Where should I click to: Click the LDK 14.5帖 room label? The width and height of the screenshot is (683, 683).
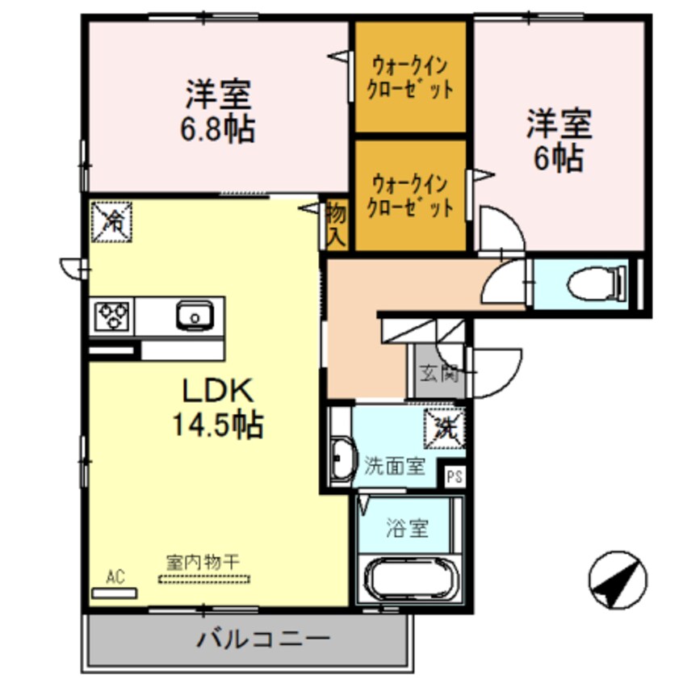(216, 408)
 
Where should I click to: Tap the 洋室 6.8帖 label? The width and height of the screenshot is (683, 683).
(218, 112)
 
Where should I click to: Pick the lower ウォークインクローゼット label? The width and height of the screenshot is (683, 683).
(410, 194)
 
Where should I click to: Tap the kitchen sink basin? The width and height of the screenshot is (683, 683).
(194, 316)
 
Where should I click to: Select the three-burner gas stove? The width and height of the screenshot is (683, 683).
(113, 316)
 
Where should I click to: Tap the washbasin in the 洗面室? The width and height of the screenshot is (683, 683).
(341, 460)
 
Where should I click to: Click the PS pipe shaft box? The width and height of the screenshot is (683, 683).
(455, 476)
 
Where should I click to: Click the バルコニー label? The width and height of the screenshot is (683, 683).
(263, 641)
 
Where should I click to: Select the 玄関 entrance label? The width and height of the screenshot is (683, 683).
(438, 374)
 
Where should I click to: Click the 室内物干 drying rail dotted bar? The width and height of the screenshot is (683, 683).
(205, 578)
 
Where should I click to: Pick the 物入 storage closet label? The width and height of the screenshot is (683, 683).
(336, 224)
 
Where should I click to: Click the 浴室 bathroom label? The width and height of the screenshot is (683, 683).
(406, 530)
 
